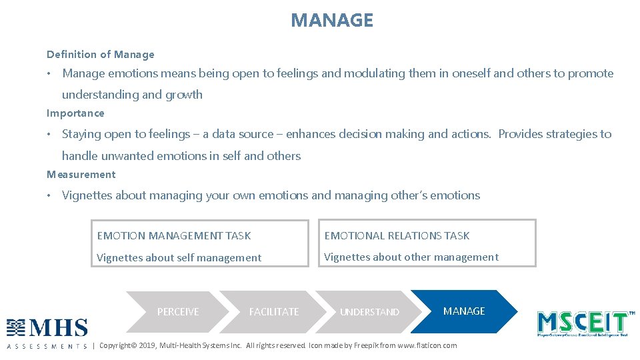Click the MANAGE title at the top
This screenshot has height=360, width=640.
coord(332,20)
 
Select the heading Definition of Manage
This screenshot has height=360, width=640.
coord(100,55)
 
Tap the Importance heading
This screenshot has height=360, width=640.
coord(75,113)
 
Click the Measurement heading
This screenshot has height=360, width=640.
coord(81,175)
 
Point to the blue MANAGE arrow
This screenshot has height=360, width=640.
coord(464,311)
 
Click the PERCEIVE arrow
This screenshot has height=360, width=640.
coord(178,312)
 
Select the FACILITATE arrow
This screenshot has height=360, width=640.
coord(274,312)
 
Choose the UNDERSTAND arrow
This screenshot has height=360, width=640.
coord(369,312)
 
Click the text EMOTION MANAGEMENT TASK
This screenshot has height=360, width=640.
coord(174,235)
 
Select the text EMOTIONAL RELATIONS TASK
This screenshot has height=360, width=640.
coord(397,235)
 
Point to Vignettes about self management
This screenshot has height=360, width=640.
coord(179,257)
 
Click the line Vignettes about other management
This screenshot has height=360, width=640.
coord(411,257)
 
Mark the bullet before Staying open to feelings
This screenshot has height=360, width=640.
coord(49,134)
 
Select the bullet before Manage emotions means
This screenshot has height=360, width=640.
coord(49,73)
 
